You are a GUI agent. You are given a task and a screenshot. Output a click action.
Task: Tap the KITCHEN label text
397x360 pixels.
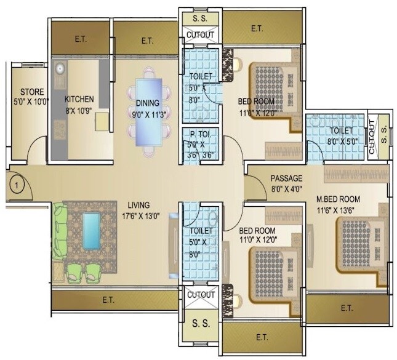pos(80,98)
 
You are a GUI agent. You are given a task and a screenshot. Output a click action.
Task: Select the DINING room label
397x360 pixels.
pos(148,103)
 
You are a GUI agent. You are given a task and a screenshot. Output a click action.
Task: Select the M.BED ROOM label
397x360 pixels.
pos(338,199)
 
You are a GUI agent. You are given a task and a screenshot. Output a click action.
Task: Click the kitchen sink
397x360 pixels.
pos(60,68)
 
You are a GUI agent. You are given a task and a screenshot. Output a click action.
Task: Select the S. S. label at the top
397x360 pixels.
pos(200,18)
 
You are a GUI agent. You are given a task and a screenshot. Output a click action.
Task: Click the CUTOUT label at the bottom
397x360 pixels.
pos(201,295)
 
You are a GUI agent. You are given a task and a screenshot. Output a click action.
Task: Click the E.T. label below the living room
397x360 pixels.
pos(113,300)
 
